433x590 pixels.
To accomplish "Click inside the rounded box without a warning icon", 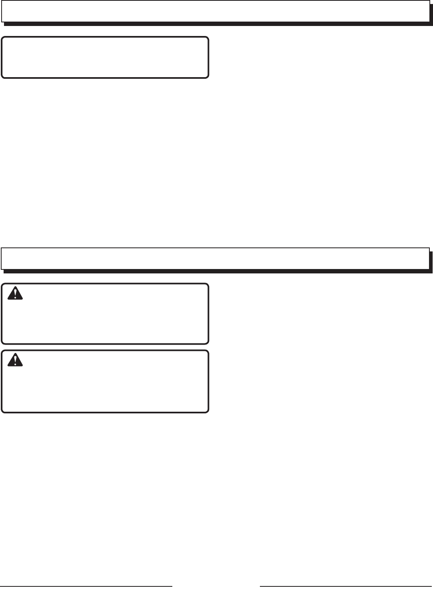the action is (105, 57).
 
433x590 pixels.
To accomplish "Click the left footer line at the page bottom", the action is (86, 586).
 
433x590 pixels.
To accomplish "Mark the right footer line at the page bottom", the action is (346, 586).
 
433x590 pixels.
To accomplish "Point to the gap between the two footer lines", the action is (216, 586).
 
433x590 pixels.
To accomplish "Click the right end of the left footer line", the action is (172, 586).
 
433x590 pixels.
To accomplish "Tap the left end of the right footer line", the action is (261, 586).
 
